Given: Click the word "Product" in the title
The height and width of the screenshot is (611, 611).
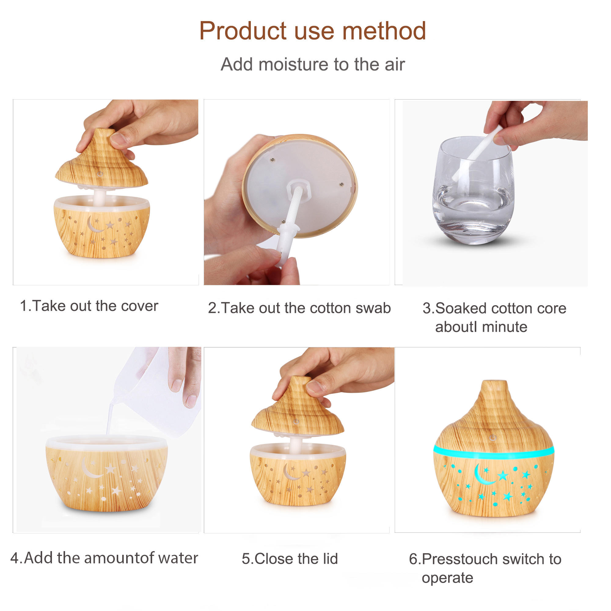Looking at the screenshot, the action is [x=243, y=31].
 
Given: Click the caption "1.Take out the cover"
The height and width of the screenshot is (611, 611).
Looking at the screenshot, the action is [x=89, y=306].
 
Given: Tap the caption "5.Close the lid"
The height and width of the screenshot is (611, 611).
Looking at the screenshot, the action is [x=290, y=558].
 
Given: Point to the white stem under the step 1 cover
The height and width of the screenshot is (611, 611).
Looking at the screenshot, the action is [x=100, y=196].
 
